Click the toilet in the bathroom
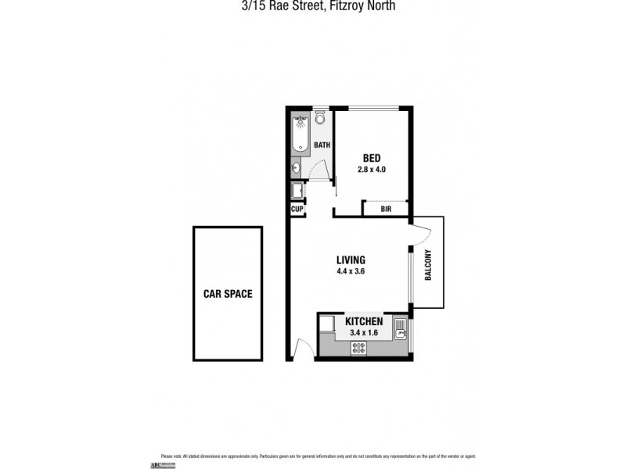pyautogui.click(x=321, y=119)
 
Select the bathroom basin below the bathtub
pyautogui.click(x=297, y=166)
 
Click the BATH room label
pyautogui.click(x=322, y=145)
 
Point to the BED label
pyautogui.click(x=371, y=157)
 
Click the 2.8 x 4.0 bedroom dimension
pyautogui.click(x=371, y=169)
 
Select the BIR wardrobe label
pyautogui.click(x=386, y=209)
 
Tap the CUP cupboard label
pyautogui.click(x=297, y=209)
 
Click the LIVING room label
pyautogui.click(x=351, y=260)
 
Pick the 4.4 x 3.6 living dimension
pyautogui.click(x=351, y=272)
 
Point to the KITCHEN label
pyautogui.click(x=364, y=321)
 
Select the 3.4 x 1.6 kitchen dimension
pyautogui.click(x=364, y=333)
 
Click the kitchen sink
pyautogui.click(x=401, y=328)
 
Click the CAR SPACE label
pyautogui.click(x=228, y=294)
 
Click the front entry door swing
pyautogui.click(x=303, y=349)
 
